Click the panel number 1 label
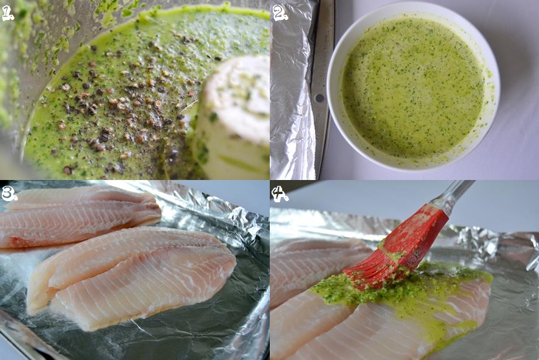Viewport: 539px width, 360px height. tap(8, 13)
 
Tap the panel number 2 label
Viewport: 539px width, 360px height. tap(280, 12)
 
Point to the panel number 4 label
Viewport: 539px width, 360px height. tap(280, 193)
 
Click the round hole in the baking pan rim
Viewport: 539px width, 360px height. tap(320, 99)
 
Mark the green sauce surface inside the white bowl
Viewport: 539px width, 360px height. tap(413, 87)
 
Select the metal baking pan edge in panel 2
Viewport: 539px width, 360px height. tap(323, 89)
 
